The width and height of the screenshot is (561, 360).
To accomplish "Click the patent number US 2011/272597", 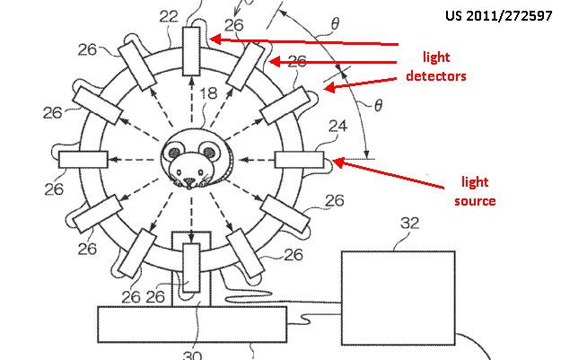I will [497, 15].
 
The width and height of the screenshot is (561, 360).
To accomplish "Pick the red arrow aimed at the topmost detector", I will [305, 41].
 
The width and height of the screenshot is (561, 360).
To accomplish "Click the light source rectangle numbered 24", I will [299, 160].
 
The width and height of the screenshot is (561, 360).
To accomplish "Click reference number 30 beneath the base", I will [192, 355].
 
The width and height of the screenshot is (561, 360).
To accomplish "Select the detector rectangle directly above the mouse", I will [193, 51].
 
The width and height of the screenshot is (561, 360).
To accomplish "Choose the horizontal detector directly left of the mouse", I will [83, 160].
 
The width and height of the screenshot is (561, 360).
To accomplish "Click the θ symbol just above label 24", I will [378, 106].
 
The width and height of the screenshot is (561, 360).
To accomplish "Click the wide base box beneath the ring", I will [193, 323].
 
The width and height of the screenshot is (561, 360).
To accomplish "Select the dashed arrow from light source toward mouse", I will [255, 160].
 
